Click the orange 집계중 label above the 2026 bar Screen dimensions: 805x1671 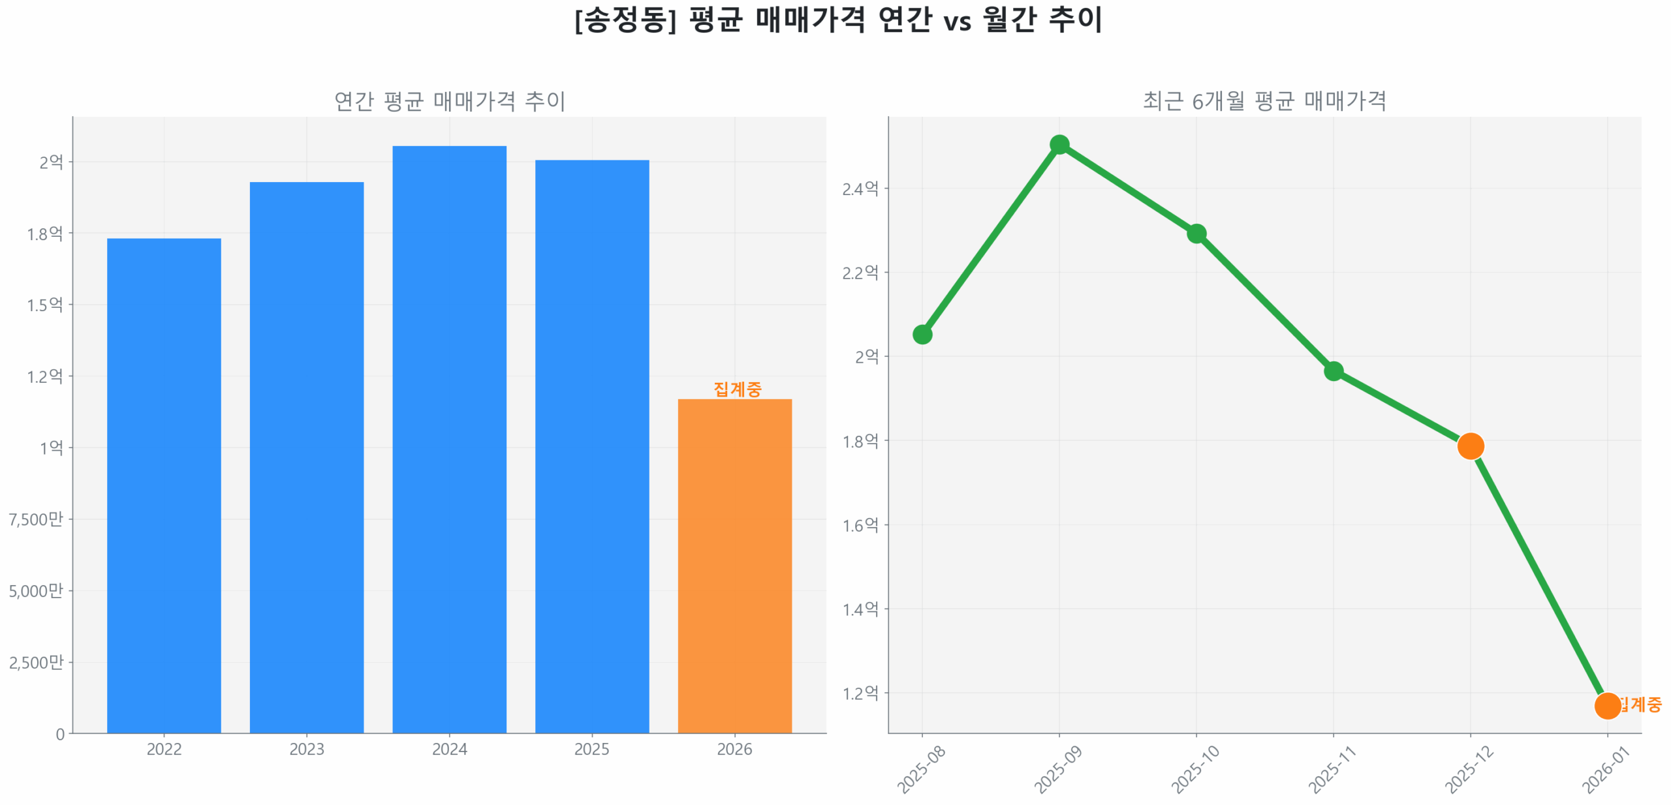737,389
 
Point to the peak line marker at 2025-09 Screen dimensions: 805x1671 1059,144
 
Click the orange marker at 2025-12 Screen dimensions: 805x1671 1470,446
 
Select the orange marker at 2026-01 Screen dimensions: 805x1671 1606,705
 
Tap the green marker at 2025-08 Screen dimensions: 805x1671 922,334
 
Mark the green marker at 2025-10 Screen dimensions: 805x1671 1196,233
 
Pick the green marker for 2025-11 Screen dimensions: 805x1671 1333,371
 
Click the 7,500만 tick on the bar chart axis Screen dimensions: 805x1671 36,519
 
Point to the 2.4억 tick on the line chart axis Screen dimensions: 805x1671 860,189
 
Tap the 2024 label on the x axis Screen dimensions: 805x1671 449,749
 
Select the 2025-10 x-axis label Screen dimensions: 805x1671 1195,769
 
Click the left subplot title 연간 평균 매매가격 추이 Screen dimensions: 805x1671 449,100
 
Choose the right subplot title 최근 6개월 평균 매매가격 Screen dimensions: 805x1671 1264,100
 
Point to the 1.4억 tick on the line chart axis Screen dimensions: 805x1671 860,609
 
